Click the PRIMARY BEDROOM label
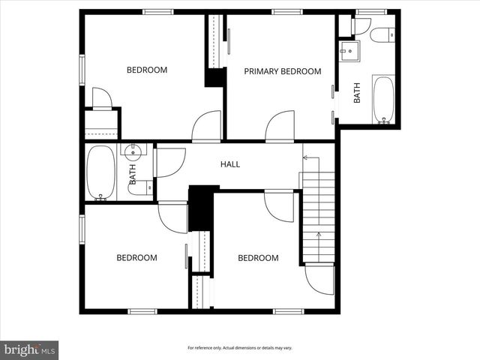(282, 71)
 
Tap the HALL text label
(229, 163)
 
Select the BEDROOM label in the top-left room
(146, 70)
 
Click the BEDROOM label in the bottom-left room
(136, 258)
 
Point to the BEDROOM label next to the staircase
(258, 258)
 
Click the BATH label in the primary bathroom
(357, 92)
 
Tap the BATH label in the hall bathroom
(133, 174)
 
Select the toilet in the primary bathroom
(382, 34)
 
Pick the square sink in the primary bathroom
(349, 52)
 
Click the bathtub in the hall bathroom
(100, 172)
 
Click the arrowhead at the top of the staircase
(306, 157)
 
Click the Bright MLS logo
(29, 349)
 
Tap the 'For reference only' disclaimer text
(239, 348)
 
